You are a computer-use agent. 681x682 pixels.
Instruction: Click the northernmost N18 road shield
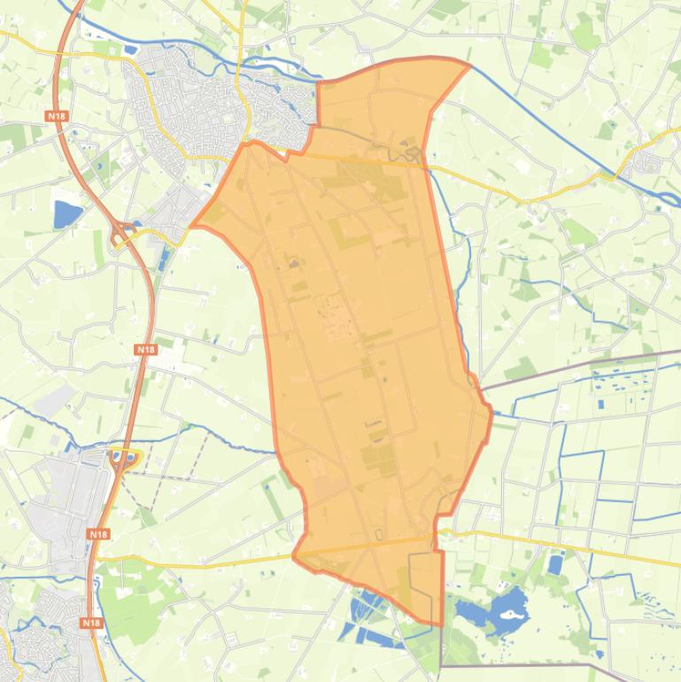tap(56, 116)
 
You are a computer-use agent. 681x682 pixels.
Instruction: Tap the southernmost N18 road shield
tap(91, 623)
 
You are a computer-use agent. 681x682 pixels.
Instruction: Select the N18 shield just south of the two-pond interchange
tap(98, 534)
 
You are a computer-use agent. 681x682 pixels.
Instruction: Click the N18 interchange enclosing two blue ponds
tap(125, 458)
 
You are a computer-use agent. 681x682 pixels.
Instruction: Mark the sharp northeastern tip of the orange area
tap(469, 62)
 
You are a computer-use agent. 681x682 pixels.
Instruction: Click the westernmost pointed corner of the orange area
tap(191, 225)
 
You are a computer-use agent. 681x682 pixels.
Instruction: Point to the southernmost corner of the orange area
tap(440, 625)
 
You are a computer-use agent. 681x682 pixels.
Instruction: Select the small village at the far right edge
tap(652, 161)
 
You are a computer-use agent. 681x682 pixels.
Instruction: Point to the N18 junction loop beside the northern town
tap(120, 235)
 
